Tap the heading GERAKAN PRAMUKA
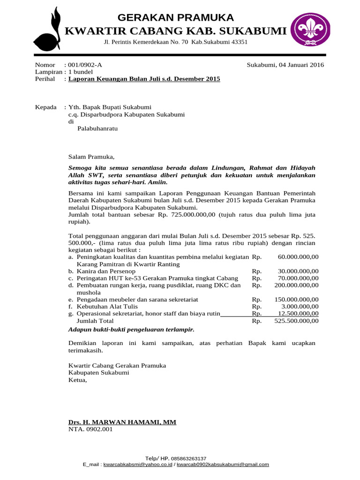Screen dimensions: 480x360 pyautogui.click(x=175, y=18)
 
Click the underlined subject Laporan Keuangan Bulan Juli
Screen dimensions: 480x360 pyautogui.click(x=144, y=79)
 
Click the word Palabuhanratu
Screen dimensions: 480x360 pyautogui.click(x=97, y=129)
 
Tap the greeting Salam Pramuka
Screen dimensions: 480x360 pyautogui.click(x=91, y=157)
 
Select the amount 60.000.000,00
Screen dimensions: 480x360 pyautogui.click(x=298, y=257)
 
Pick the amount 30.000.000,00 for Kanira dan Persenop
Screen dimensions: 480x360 pyautogui.click(x=298, y=271)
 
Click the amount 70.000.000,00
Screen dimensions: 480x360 pyautogui.click(x=298, y=278)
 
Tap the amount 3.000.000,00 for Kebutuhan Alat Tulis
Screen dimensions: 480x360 pyautogui.click(x=300, y=307)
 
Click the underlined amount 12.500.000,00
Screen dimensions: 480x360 pyautogui.click(x=298, y=314)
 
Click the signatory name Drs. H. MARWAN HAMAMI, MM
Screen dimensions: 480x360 pyautogui.click(x=122, y=422)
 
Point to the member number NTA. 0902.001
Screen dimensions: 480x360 pyautogui.click(x=90, y=429)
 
